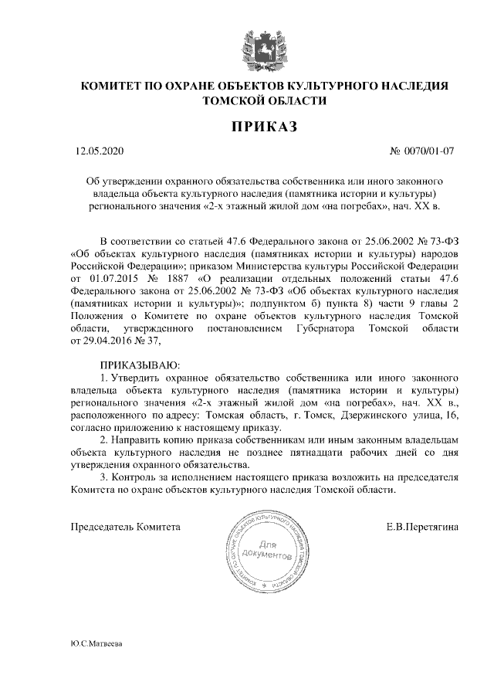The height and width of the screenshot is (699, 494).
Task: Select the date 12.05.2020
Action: tap(94, 151)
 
